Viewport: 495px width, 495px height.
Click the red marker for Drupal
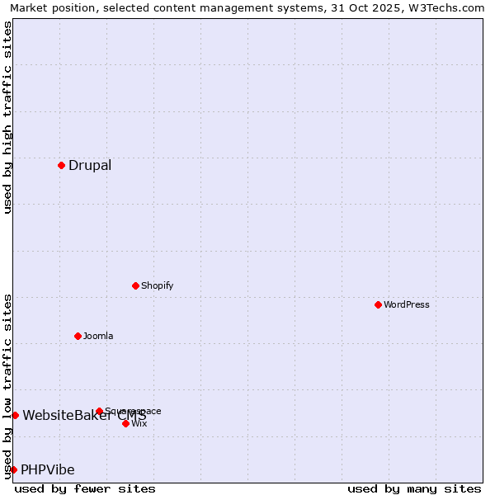61,165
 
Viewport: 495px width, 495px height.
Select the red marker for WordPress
378,304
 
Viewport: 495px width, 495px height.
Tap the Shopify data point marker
135,285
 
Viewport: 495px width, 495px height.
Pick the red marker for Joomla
78,336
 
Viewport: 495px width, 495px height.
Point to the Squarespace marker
99,411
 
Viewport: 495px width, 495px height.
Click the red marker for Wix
125,423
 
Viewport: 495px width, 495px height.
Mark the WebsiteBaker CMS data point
15,415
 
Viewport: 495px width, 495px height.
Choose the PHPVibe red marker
13,469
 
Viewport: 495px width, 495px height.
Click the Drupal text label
90,165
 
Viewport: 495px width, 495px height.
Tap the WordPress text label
407,304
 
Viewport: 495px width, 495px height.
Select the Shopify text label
158,285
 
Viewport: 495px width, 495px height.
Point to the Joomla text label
98,336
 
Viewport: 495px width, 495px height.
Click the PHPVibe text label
48,469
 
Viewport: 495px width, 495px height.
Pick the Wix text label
139,423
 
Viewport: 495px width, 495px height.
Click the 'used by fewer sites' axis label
85,488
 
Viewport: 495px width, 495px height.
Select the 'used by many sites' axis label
414,488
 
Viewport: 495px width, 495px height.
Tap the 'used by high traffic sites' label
7,117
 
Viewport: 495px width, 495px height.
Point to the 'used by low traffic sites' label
7,385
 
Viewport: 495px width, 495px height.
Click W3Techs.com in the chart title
443,7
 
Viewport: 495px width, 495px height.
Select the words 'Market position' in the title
49,7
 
